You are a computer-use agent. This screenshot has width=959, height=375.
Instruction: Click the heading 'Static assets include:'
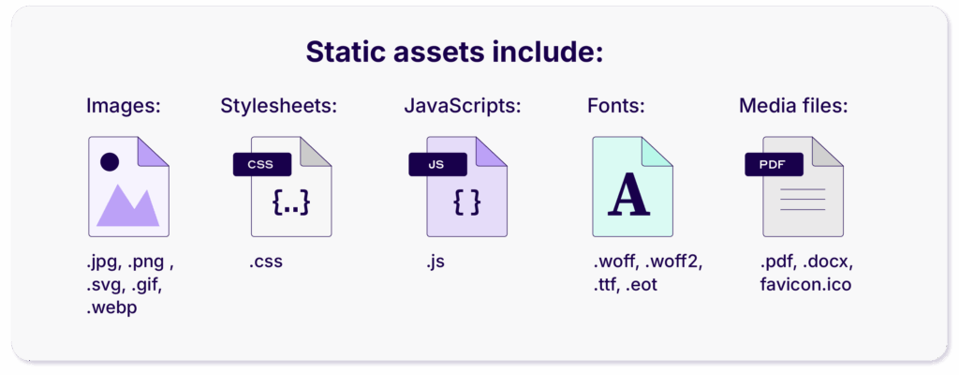(453, 52)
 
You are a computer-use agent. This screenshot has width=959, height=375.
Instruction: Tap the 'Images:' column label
(124, 106)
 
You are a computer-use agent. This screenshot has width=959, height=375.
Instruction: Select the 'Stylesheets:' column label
(278, 106)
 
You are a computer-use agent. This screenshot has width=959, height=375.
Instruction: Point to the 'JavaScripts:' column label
(462, 106)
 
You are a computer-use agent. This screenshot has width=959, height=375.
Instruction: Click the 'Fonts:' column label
(616, 106)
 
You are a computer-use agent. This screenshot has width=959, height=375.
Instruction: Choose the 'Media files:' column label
(793, 106)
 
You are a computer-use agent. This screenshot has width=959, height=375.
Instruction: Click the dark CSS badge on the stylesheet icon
(261, 164)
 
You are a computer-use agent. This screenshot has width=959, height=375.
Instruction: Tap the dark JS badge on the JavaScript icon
(436, 164)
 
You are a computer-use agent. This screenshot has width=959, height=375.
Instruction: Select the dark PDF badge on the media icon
(773, 164)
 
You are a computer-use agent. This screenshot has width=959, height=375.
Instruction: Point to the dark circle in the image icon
(110, 161)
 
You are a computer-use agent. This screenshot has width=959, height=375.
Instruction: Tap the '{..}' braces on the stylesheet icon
(290, 202)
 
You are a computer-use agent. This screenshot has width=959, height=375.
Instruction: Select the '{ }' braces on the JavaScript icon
(466, 202)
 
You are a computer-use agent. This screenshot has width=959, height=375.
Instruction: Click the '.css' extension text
(266, 262)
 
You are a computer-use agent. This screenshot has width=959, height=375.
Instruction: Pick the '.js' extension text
(435, 262)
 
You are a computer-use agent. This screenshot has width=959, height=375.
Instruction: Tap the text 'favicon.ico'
(806, 283)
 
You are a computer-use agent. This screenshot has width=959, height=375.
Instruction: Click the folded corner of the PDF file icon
(827, 153)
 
